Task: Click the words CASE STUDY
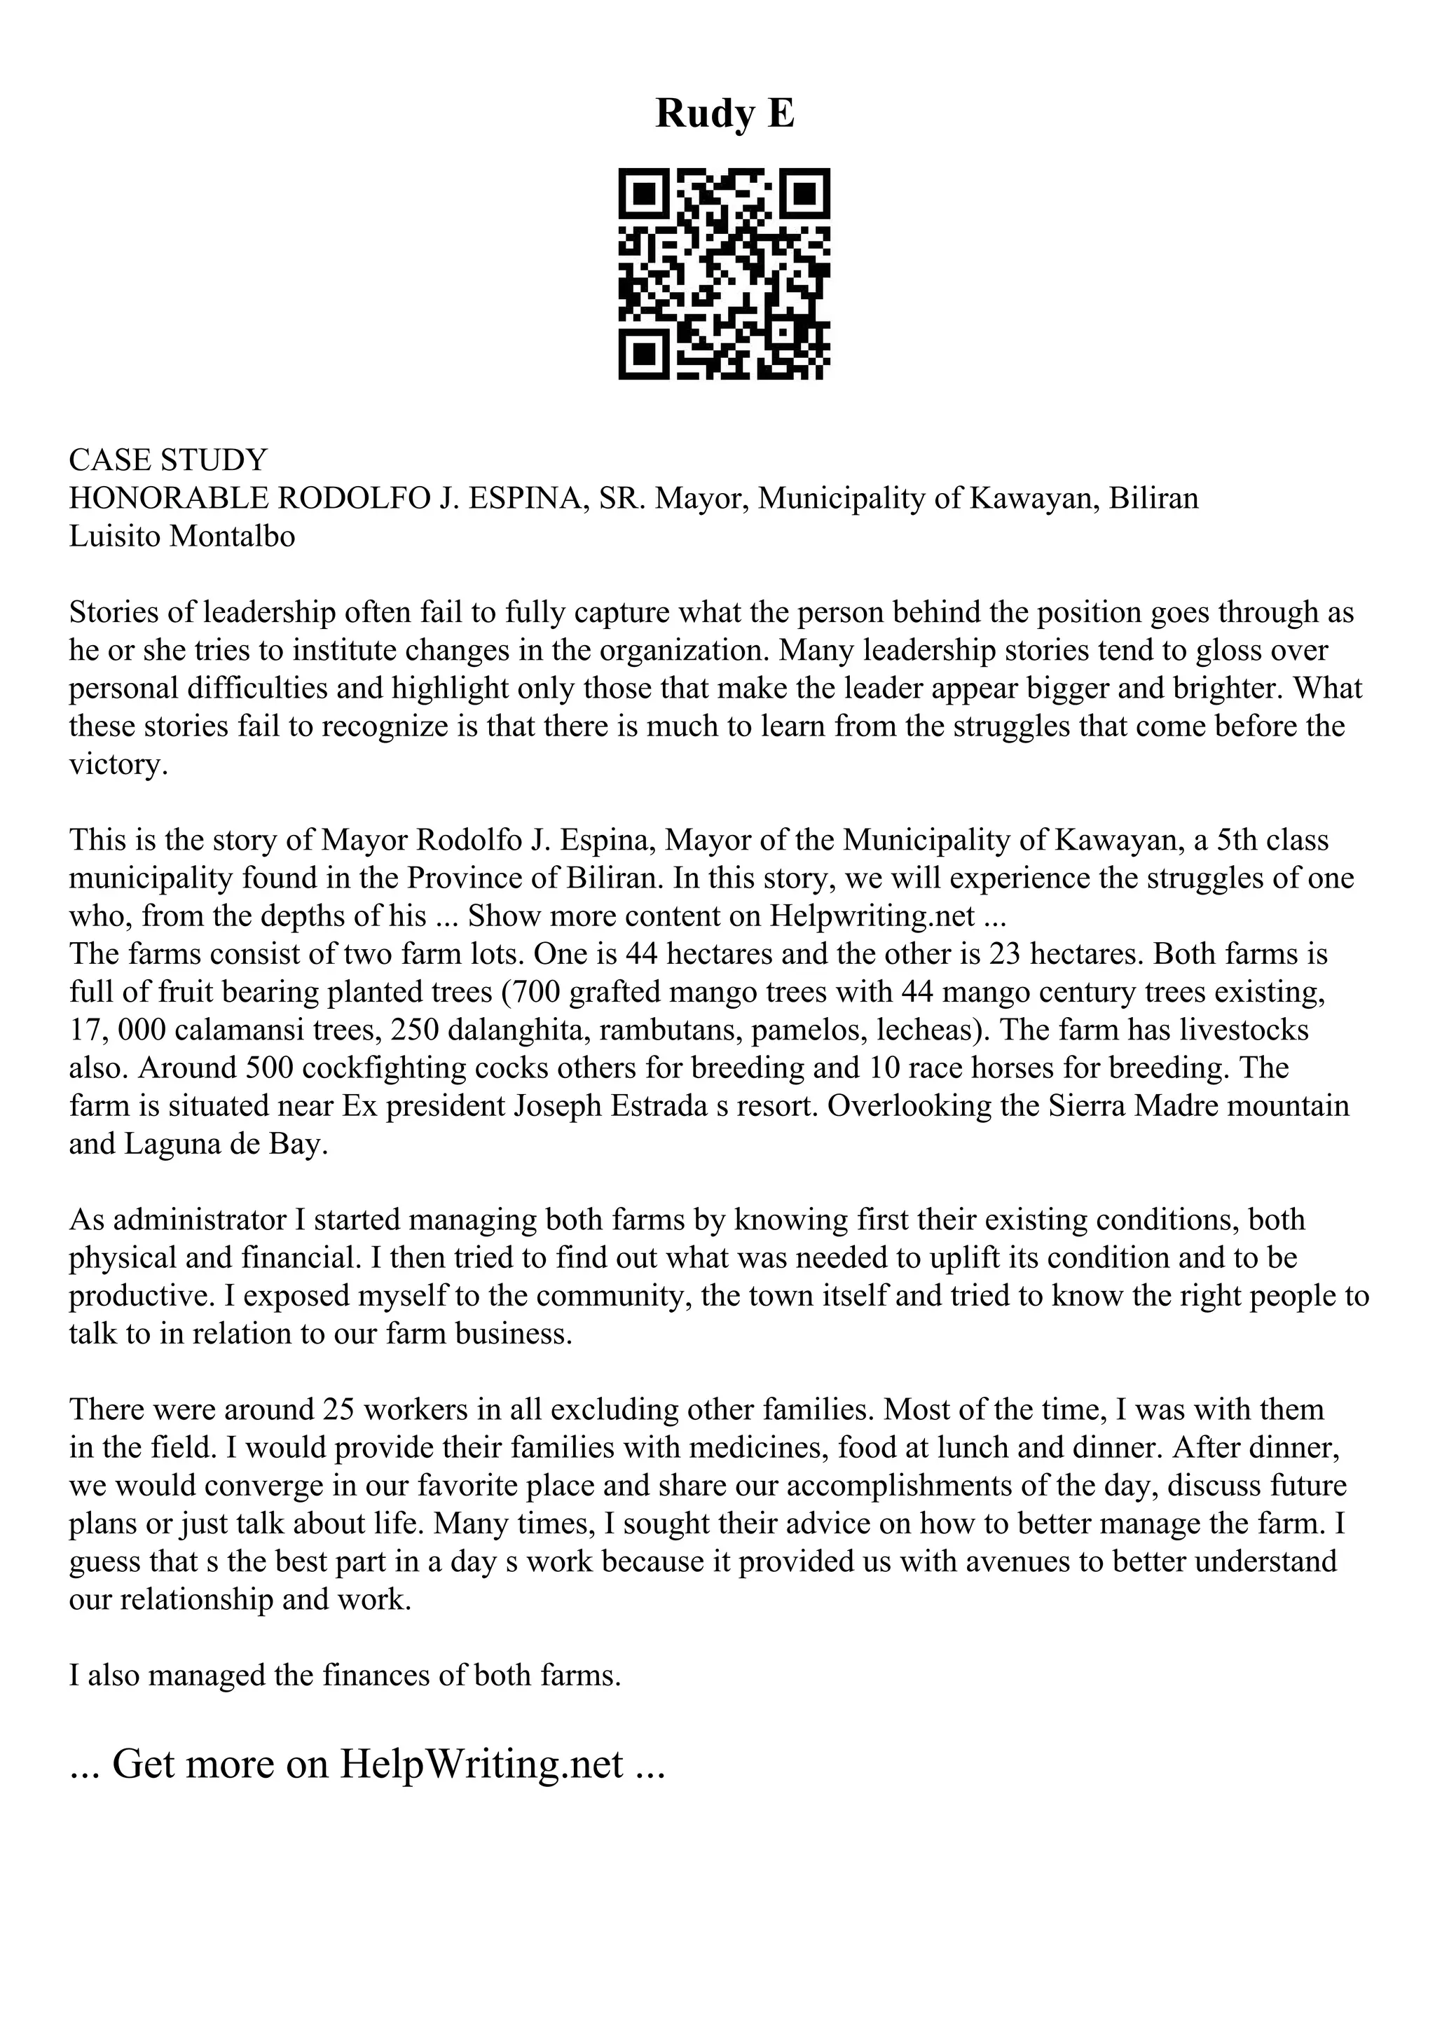[168, 460]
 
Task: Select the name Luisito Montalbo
[182, 537]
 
